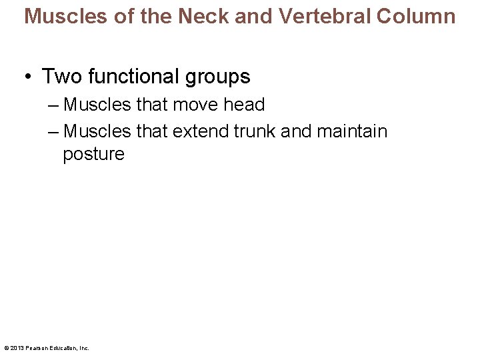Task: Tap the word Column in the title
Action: click(416, 16)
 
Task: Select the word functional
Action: click(135, 77)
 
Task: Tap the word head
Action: click(244, 105)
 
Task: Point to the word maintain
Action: click(352, 131)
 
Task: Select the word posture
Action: click(93, 155)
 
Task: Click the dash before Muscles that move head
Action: click(54, 105)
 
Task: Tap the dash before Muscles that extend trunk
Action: click(54, 131)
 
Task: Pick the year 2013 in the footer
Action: click(16, 348)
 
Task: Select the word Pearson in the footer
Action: click(35, 348)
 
